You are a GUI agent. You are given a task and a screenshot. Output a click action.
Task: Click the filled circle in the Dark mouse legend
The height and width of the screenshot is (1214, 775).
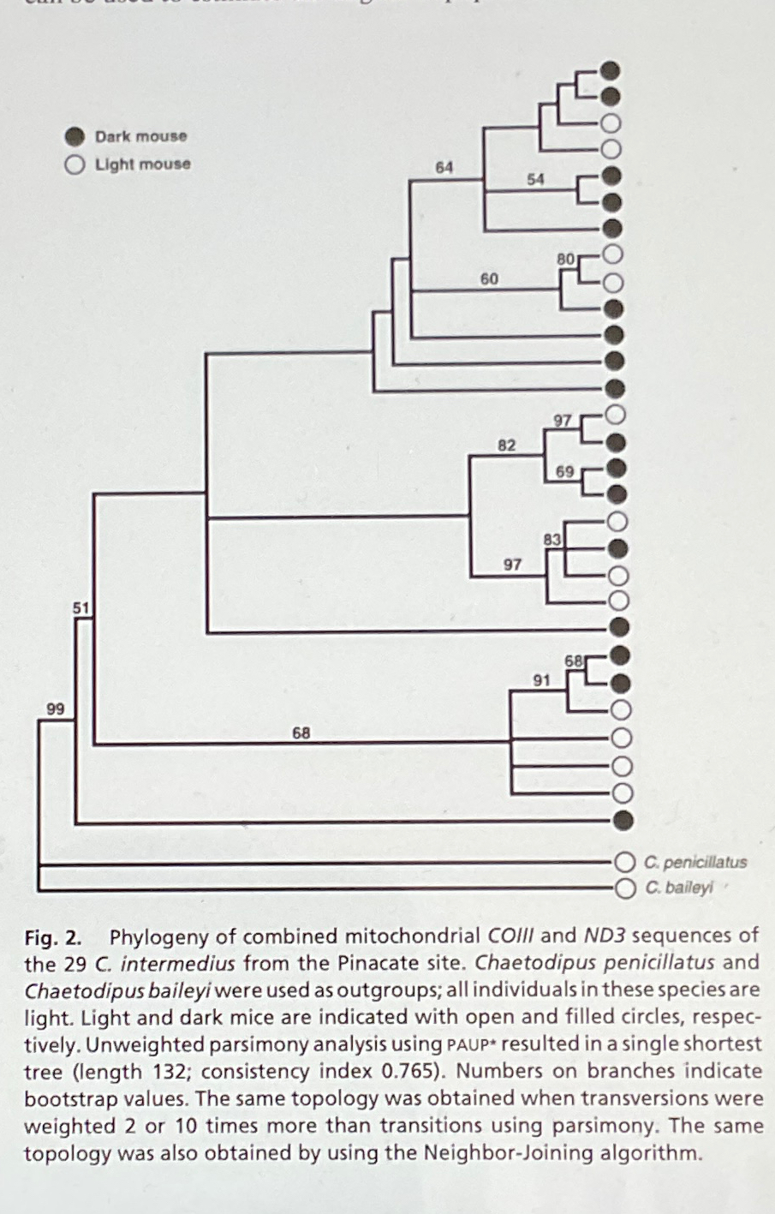75,136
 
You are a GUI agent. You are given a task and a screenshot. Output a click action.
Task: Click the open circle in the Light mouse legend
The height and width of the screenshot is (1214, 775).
75,164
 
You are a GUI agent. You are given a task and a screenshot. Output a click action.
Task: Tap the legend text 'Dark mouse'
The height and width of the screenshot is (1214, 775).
140,136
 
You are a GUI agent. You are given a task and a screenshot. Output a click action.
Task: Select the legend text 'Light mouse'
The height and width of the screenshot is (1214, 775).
142,164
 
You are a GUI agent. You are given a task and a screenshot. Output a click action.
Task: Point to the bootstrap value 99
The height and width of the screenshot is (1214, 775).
56,709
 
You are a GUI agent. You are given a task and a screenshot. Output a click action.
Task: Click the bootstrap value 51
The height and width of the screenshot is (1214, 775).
81,607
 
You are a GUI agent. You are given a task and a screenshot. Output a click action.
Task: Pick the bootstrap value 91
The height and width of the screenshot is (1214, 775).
541,681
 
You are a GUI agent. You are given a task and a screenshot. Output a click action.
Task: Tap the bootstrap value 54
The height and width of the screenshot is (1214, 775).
535,179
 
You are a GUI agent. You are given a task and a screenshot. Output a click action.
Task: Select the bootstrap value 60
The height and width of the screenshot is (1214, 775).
489,279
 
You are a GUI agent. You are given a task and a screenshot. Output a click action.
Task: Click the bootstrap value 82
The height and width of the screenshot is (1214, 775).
507,446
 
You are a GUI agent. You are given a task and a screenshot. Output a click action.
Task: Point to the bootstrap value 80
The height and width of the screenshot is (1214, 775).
565,259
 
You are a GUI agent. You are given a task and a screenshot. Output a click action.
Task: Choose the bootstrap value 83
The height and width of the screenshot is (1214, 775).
552,540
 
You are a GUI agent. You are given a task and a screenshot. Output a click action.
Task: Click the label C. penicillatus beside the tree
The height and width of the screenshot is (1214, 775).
696,863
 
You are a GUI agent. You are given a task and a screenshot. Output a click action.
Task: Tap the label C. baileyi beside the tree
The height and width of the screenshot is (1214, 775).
679,888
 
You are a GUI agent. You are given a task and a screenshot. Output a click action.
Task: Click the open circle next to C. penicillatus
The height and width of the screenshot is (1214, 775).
624,862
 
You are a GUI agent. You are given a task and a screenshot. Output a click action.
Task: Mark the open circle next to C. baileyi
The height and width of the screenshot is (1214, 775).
624,888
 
